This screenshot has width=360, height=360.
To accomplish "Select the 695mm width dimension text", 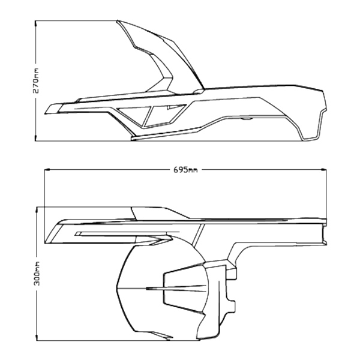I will tap(185, 170).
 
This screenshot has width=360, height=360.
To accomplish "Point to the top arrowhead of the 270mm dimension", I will tap(37, 23).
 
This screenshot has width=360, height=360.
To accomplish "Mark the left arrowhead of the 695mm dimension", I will tap(49, 170).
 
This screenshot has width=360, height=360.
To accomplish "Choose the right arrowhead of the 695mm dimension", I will tap(326, 170).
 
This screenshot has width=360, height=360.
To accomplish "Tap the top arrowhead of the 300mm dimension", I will tap(37, 209).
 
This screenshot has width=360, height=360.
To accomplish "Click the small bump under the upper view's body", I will tap(245, 119).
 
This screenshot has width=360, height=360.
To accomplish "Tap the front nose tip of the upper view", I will tap(47, 110).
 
